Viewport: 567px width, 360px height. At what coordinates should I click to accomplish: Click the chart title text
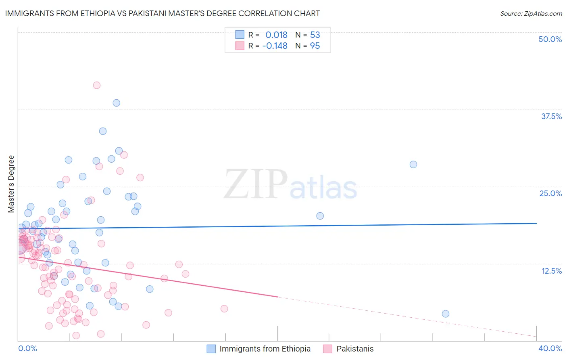tap(163, 13)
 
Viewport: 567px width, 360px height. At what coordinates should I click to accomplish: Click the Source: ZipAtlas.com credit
tap(531, 13)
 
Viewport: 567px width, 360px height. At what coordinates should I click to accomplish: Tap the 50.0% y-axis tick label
tap(550, 39)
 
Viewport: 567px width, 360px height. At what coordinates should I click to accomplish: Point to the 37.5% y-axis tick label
tap(551, 116)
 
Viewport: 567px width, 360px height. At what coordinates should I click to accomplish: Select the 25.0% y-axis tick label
tap(550, 193)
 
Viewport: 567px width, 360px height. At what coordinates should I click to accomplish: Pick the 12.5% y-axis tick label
tap(551, 271)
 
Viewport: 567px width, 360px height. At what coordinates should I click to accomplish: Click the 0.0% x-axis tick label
tap(27, 348)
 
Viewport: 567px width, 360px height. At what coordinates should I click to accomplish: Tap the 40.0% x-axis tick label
tap(550, 348)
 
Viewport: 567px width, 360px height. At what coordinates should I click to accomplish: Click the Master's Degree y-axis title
tap(11, 184)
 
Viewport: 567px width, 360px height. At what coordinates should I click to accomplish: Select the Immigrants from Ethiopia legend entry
tap(265, 349)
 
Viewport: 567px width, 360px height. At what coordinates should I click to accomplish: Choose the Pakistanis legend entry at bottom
tap(355, 349)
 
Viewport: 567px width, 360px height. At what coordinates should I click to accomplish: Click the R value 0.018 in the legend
tap(276, 35)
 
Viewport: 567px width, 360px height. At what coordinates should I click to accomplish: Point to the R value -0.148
tap(275, 46)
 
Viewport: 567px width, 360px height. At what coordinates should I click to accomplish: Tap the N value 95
tap(315, 46)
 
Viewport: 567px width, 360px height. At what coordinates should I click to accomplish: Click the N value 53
tap(315, 35)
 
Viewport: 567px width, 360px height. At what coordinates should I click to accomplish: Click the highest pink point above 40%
tap(97, 85)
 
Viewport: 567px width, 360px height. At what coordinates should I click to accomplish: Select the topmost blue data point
tap(116, 103)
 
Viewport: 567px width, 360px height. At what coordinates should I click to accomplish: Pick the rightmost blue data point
tap(445, 314)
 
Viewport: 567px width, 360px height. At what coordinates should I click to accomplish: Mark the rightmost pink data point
tap(224, 309)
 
